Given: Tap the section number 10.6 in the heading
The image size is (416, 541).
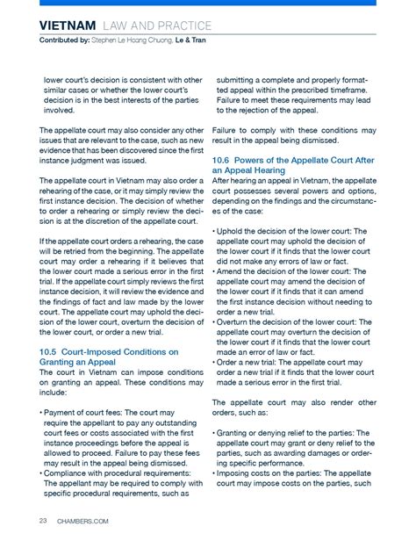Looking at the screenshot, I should click(226, 160).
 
